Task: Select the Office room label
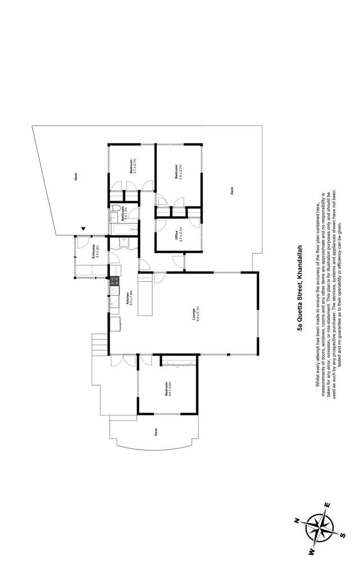pos(178,233)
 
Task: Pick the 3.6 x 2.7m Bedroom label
pos(178,171)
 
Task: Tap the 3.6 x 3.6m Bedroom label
pos(168,389)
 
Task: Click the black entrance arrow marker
pos(84,229)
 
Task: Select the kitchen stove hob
pos(114,281)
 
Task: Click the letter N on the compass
pos(296,522)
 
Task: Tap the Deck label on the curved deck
pos(156,432)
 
